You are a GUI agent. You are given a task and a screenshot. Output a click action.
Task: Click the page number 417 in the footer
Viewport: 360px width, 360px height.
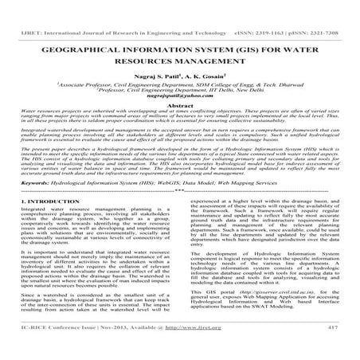tap(340, 350)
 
